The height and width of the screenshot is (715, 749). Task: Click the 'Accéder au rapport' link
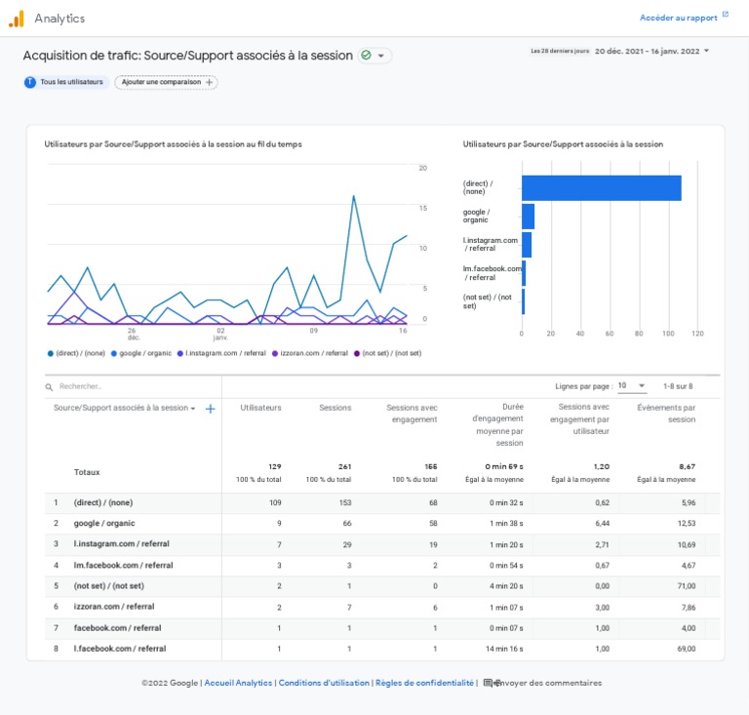[679, 18]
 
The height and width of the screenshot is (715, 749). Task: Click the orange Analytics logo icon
[17, 19]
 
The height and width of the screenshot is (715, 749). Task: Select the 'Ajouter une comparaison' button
[166, 82]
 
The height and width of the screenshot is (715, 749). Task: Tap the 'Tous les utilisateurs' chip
[66, 82]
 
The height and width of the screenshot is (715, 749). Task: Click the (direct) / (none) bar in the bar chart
[602, 187]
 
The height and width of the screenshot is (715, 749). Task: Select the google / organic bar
[528, 217]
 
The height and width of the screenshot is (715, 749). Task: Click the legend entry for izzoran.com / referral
[310, 353]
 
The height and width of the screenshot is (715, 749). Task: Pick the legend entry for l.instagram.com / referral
[221, 353]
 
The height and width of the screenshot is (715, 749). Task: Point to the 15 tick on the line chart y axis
[423, 208]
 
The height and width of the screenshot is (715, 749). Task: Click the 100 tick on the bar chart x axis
[668, 334]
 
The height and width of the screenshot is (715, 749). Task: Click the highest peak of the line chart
[353, 196]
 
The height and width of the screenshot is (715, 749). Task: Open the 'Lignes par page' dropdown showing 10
[632, 386]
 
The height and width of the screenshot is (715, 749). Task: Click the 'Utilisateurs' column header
[260, 408]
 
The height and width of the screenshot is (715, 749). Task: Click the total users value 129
[275, 466]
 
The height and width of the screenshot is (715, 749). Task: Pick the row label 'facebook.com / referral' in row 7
[117, 627]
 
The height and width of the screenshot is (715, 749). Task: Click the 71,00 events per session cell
[687, 586]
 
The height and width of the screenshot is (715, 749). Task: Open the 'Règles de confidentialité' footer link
[424, 683]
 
